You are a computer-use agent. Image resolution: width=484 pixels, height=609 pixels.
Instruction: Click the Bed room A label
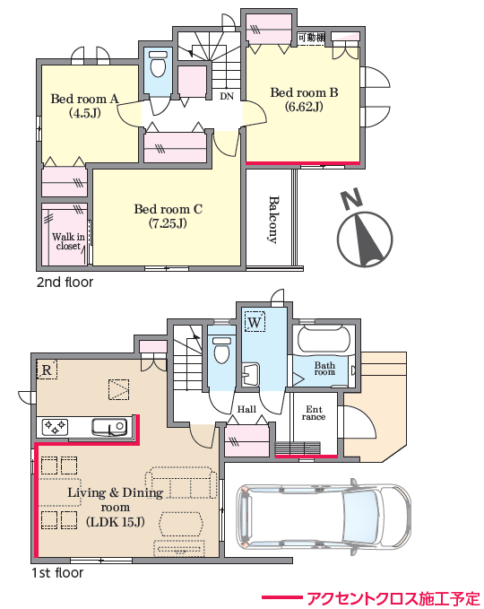click(x=84, y=106)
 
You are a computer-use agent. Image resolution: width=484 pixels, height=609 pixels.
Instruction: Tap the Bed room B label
click(x=304, y=100)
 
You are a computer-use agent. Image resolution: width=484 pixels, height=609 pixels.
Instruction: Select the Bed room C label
click(x=169, y=216)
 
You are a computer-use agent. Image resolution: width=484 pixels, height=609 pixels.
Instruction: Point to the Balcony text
click(x=274, y=220)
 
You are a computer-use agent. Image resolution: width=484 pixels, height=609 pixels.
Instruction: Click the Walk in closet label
click(x=68, y=241)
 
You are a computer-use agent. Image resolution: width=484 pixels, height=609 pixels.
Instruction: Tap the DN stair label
click(x=227, y=96)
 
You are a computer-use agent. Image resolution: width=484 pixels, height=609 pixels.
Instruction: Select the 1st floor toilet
click(x=221, y=350)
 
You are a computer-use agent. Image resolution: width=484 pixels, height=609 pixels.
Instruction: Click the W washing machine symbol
click(x=255, y=322)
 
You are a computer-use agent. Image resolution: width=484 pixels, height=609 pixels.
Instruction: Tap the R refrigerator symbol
click(x=47, y=370)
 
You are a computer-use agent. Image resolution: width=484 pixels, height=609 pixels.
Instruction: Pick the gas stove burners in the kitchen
click(x=55, y=427)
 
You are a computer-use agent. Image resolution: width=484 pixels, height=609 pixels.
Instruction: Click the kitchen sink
click(x=109, y=426)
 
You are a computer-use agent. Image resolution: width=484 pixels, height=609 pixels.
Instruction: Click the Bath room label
click(x=324, y=369)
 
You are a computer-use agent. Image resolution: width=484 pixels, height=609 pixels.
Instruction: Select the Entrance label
click(x=314, y=413)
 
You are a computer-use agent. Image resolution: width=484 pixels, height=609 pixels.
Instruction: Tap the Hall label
click(x=246, y=409)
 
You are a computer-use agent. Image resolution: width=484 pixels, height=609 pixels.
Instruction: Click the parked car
click(x=324, y=514)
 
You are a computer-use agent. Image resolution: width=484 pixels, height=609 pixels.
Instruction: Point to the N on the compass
click(x=351, y=199)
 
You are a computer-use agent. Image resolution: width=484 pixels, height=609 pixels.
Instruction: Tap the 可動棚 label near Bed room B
click(x=312, y=38)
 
